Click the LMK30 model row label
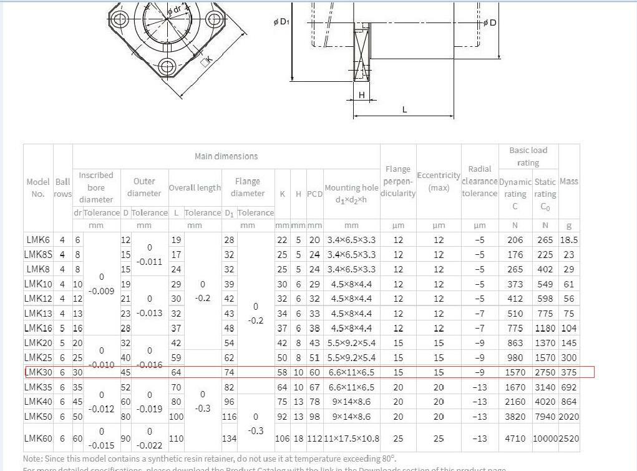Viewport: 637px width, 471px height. point(37,372)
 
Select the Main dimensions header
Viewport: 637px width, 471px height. point(226,156)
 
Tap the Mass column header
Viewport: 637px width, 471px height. point(568,181)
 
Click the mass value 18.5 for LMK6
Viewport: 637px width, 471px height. point(568,240)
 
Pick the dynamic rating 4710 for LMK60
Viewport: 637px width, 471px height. point(515,439)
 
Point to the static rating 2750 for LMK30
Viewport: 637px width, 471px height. point(545,372)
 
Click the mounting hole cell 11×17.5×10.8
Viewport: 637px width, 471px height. point(351,439)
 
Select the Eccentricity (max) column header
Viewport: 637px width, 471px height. point(439,181)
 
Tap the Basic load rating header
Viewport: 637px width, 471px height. point(528,156)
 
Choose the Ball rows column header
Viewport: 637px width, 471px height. point(62,187)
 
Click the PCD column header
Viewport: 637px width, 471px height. point(314,194)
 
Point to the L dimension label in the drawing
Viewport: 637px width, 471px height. point(404,109)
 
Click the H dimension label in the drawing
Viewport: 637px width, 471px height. point(361,95)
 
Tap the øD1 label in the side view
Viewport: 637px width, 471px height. point(281,22)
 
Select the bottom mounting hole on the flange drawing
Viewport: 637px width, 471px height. point(167,67)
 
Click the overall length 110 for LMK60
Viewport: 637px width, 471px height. point(176,439)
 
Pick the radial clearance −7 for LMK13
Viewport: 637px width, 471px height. point(479,314)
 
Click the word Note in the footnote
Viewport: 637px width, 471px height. point(32,458)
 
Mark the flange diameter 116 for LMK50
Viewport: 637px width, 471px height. point(229,417)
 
